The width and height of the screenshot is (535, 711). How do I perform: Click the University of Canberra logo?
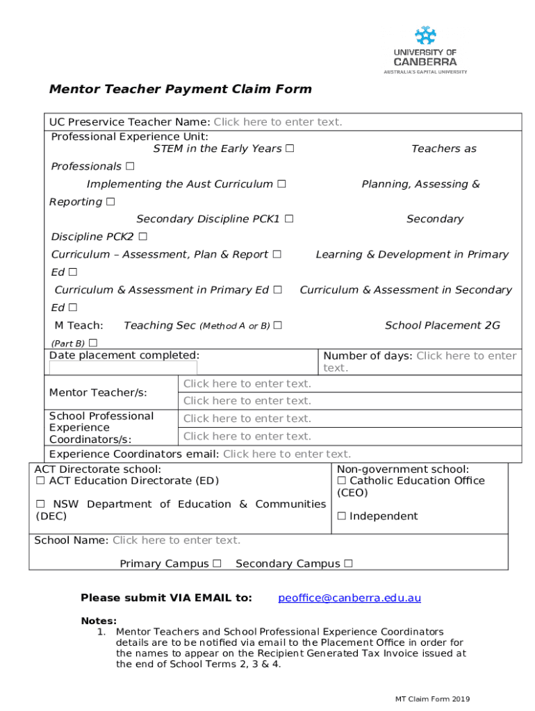click(x=425, y=49)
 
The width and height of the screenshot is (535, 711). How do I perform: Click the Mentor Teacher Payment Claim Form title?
click(x=180, y=89)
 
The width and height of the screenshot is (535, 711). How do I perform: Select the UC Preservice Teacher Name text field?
click(x=277, y=122)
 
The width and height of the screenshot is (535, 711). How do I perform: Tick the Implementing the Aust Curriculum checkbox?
click(x=281, y=184)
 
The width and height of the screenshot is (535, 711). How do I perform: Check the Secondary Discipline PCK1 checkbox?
click(x=288, y=219)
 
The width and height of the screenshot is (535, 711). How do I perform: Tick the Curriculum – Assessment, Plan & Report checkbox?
click(x=277, y=255)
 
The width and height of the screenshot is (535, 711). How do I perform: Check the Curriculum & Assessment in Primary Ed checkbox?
click(x=277, y=290)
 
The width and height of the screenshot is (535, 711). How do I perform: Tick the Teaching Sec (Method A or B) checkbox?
click(x=278, y=326)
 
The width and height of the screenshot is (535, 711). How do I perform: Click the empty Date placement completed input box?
click(x=123, y=368)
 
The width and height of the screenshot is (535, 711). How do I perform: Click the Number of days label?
click(x=368, y=356)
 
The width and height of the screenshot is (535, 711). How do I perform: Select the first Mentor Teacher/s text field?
click(x=247, y=384)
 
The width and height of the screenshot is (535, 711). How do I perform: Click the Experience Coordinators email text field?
click(x=286, y=454)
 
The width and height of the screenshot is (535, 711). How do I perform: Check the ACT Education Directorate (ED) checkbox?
click(x=40, y=481)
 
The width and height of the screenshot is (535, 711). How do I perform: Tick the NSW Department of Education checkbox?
click(x=40, y=504)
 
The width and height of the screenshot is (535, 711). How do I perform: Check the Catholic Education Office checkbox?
click(x=342, y=481)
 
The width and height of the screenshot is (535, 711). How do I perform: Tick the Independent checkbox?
click(x=342, y=517)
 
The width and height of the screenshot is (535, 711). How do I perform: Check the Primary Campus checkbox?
click(x=217, y=564)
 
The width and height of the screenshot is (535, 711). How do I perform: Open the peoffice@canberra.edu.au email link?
click(x=349, y=598)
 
